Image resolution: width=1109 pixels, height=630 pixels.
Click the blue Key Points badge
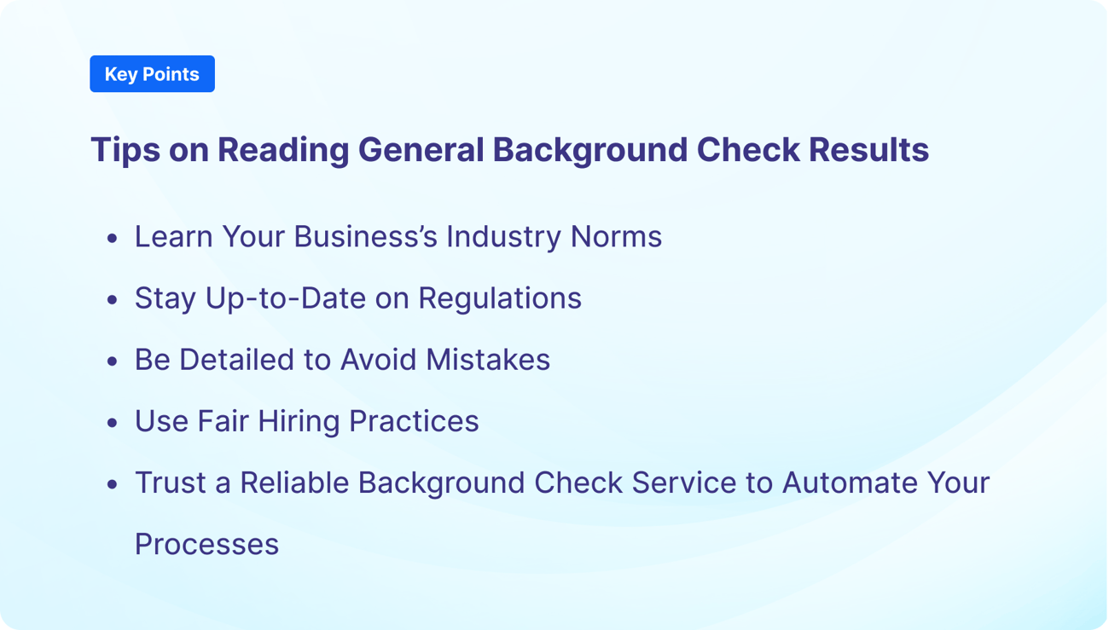click(x=152, y=73)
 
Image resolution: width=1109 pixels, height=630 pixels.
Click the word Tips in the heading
click(x=125, y=150)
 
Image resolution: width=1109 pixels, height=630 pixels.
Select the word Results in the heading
click(x=868, y=149)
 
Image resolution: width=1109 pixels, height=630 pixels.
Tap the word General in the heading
click(x=421, y=149)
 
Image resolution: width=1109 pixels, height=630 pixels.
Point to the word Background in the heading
click(x=590, y=150)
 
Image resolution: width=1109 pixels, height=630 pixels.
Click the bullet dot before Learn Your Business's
click(x=113, y=238)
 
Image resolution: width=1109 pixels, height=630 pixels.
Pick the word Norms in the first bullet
click(x=616, y=236)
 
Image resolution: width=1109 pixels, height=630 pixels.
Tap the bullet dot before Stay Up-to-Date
click(x=113, y=299)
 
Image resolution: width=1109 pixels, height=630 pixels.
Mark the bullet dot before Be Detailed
click(x=113, y=361)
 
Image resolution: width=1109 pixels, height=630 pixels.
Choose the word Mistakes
click(x=488, y=359)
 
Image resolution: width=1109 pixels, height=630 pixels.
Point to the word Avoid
click(x=378, y=359)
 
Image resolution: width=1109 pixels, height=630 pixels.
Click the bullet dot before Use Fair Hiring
click(x=113, y=423)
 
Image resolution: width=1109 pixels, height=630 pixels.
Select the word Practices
click(x=414, y=420)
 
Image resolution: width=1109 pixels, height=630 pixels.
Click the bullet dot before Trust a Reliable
click(x=113, y=484)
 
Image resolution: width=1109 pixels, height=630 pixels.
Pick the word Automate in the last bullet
click(x=850, y=483)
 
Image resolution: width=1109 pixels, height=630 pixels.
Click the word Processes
click(x=207, y=544)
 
